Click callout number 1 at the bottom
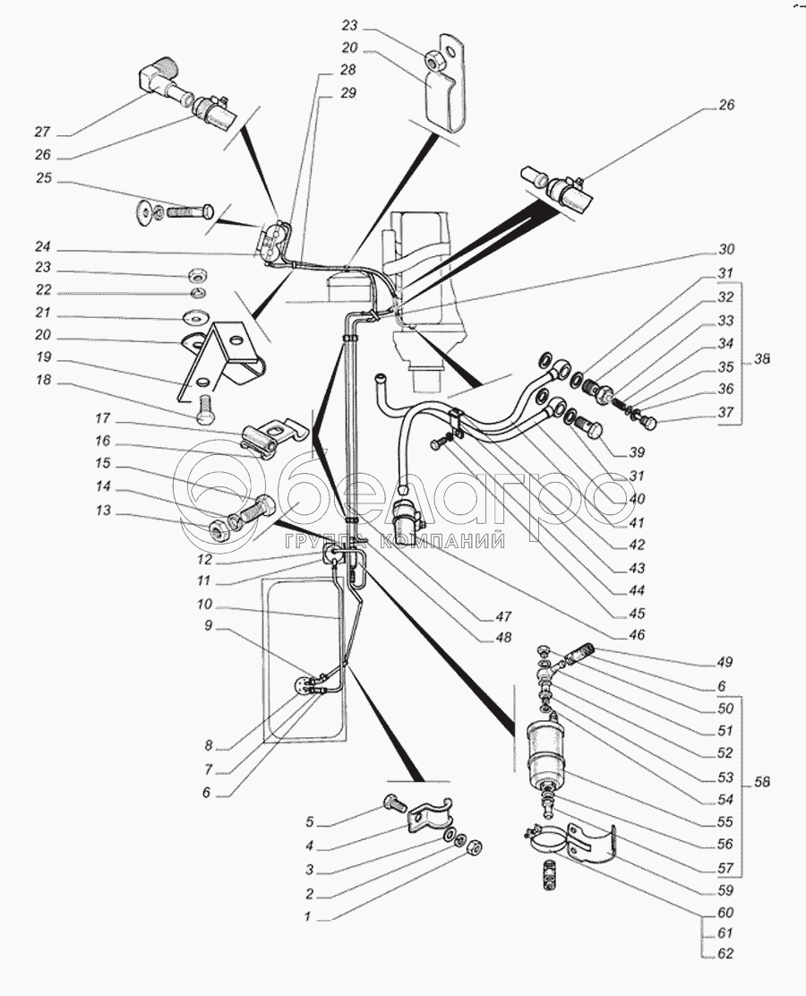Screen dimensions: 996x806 [x=308, y=916]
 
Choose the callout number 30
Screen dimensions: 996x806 [x=725, y=249]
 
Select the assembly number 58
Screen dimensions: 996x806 [x=761, y=782]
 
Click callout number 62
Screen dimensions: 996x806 [x=725, y=954]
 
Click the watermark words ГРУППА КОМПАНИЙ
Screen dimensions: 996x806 [x=395, y=541]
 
